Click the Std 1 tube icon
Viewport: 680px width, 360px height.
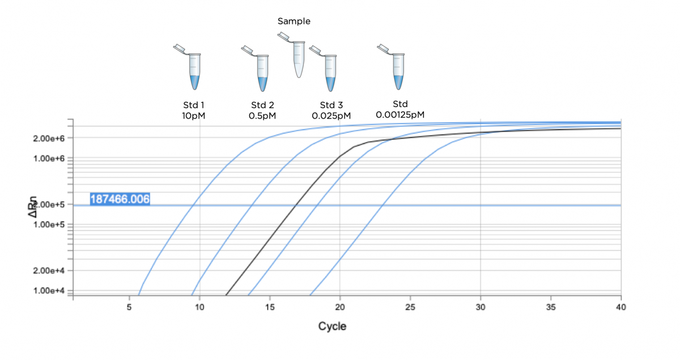(x=192, y=68)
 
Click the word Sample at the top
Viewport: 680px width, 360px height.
(x=294, y=22)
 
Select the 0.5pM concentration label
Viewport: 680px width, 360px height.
(x=262, y=115)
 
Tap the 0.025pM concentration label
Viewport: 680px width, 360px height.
(x=331, y=115)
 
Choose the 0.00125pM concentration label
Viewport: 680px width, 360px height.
(x=400, y=115)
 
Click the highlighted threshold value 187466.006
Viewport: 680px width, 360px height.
(x=120, y=199)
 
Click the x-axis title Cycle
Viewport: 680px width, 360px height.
(x=332, y=326)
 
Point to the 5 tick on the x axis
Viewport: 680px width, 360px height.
(x=130, y=307)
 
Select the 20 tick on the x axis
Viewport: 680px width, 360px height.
(x=340, y=307)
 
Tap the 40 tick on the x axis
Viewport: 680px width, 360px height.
(x=620, y=307)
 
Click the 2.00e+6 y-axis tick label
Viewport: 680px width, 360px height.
(x=50, y=138)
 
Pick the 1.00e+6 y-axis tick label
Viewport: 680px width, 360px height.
(x=50, y=158)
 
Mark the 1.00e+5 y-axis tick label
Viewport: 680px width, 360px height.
(x=50, y=225)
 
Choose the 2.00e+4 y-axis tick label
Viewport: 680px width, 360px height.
(x=50, y=270)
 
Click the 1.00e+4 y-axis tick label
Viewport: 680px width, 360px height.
(x=50, y=291)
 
